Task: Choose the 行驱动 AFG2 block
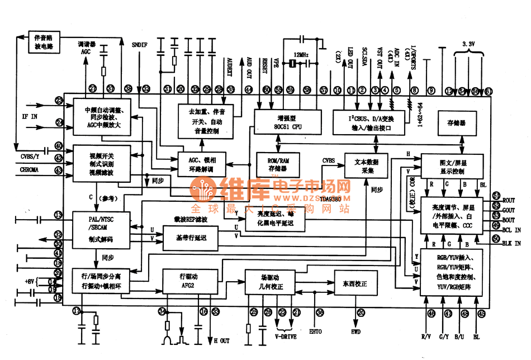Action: tap(187, 281)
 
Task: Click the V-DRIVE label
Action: tap(286, 337)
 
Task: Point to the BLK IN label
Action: tap(511, 243)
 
